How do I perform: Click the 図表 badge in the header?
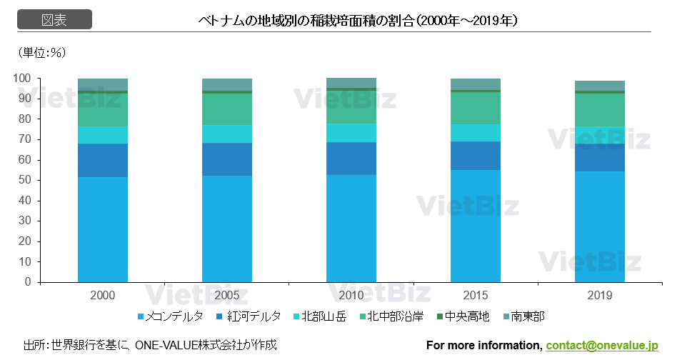point(54,20)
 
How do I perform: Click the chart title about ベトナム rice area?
point(358,21)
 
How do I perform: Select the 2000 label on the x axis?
point(103,295)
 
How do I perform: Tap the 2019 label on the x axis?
point(600,295)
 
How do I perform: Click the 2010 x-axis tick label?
point(351,295)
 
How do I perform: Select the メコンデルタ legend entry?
point(171,316)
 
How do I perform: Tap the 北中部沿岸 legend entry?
point(390,316)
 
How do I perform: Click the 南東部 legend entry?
point(523,316)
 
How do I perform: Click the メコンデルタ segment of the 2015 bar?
point(476,226)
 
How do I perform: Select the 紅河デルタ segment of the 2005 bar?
point(227,159)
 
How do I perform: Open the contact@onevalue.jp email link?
point(601,346)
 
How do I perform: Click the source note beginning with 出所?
point(150,346)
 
